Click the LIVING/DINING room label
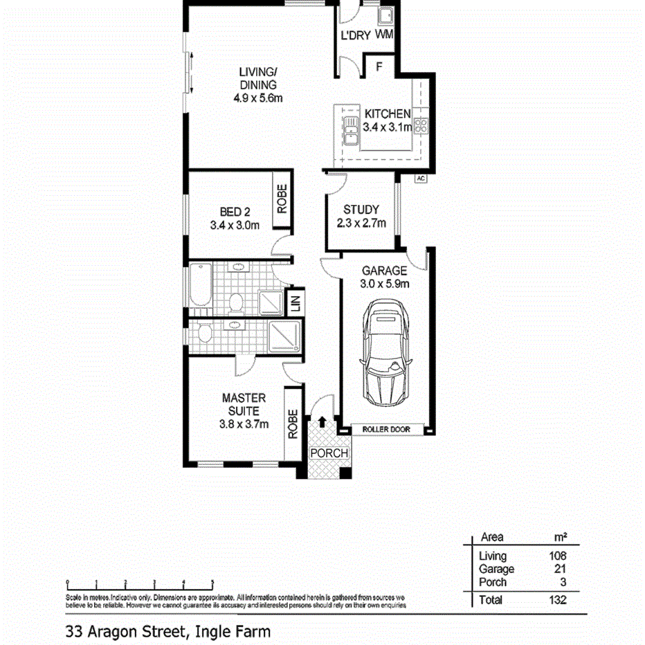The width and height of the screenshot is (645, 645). click(258, 84)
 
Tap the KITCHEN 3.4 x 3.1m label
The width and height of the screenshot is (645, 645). click(388, 121)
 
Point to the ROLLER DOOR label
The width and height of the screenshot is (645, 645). click(386, 430)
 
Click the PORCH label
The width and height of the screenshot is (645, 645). click(329, 453)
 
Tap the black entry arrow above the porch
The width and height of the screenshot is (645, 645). click(322, 421)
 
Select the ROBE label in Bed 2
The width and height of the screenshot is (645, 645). click(282, 200)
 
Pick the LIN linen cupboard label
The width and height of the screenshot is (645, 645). click(296, 304)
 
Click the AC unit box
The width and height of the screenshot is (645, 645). click(419, 179)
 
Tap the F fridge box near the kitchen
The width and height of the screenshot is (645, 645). click(379, 67)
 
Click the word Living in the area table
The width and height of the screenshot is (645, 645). click(492, 556)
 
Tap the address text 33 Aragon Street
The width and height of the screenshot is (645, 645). click(125, 631)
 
